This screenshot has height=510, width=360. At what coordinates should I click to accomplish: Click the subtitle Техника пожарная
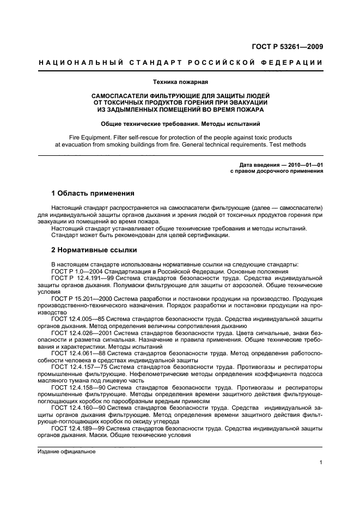pos(180,82)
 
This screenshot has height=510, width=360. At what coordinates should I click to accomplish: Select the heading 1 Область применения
pos(93,193)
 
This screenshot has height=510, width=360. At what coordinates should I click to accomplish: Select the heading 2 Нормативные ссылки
pos(94,250)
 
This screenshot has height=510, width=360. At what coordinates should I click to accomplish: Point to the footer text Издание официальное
pos(66,452)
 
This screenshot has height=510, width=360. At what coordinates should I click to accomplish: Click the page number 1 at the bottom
pos(321,463)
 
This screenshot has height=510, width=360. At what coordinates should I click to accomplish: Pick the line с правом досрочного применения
pos(277,171)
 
